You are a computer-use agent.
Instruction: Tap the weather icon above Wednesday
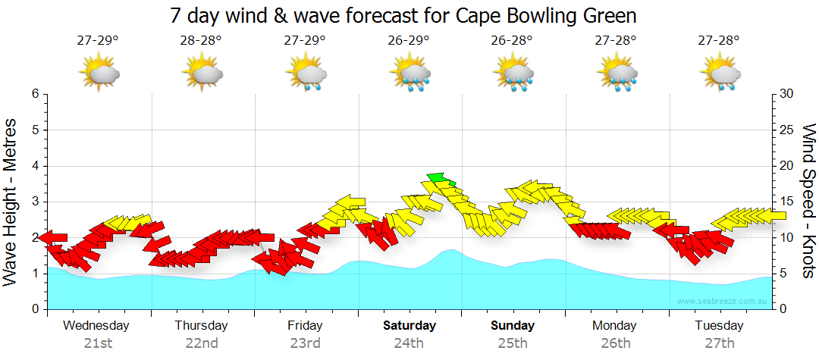click(x=99, y=73)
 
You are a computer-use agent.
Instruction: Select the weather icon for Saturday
click(x=410, y=73)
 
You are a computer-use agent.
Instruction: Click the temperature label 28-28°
click(x=201, y=40)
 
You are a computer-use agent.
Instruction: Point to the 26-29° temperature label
click(x=409, y=40)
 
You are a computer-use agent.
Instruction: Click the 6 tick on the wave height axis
click(x=34, y=94)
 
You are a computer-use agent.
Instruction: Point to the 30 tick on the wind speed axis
click(x=786, y=94)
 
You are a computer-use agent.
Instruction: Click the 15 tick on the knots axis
click(x=786, y=202)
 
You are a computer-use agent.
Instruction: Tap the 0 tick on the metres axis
click(x=34, y=309)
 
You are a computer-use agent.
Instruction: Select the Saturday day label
click(x=409, y=326)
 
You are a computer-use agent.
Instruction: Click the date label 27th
click(x=720, y=343)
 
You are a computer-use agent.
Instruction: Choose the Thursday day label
click(x=201, y=326)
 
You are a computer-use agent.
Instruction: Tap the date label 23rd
click(x=305, y=343)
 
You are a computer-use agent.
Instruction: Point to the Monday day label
click(x=615, y=326)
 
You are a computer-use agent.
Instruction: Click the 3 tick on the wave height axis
click(x=34, y=202)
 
